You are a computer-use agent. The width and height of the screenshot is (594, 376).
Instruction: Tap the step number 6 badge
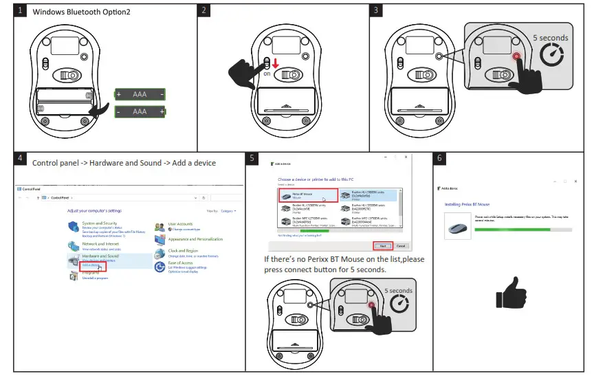[x=441, y=159]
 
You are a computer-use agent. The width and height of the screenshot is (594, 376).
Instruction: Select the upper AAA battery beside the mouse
[x=140, y=94]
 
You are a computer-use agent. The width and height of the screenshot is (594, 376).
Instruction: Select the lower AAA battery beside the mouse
[x=140, y=111]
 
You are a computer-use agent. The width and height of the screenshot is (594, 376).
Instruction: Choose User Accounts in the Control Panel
[x=180, y=224]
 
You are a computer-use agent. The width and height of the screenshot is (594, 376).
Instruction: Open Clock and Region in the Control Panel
[x=183, y=251]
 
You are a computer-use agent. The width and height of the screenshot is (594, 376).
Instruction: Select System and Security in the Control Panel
[x=100, y=223]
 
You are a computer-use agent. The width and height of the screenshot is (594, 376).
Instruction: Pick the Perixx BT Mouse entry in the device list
[x=309, y=196]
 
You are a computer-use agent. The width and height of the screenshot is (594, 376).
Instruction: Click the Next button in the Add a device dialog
[x=383, y=245]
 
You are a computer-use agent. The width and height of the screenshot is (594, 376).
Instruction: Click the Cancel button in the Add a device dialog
[x=401, y=245]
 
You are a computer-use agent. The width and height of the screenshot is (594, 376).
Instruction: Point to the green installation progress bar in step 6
[x=511, y=229]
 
